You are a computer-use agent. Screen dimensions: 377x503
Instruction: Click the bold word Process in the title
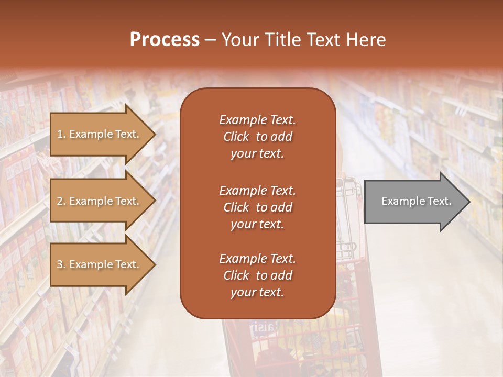(x=165, y=40)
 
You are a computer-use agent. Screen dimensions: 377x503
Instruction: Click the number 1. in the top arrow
(x=61, y=134)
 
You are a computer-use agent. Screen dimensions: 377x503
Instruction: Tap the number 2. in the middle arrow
(x=61, y=201)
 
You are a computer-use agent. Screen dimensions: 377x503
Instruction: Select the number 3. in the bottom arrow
(x=61, y=264)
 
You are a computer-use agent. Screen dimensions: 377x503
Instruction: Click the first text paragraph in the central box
(x=257, y=137)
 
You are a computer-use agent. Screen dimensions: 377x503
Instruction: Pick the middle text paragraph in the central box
(x=257, y=207)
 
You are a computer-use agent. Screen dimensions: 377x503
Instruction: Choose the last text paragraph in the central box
(x=257, y=275)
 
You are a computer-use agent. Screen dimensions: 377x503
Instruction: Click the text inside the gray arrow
(x=417, y=201)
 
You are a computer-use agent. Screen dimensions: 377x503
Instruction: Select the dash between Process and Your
(x=210, y=40)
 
